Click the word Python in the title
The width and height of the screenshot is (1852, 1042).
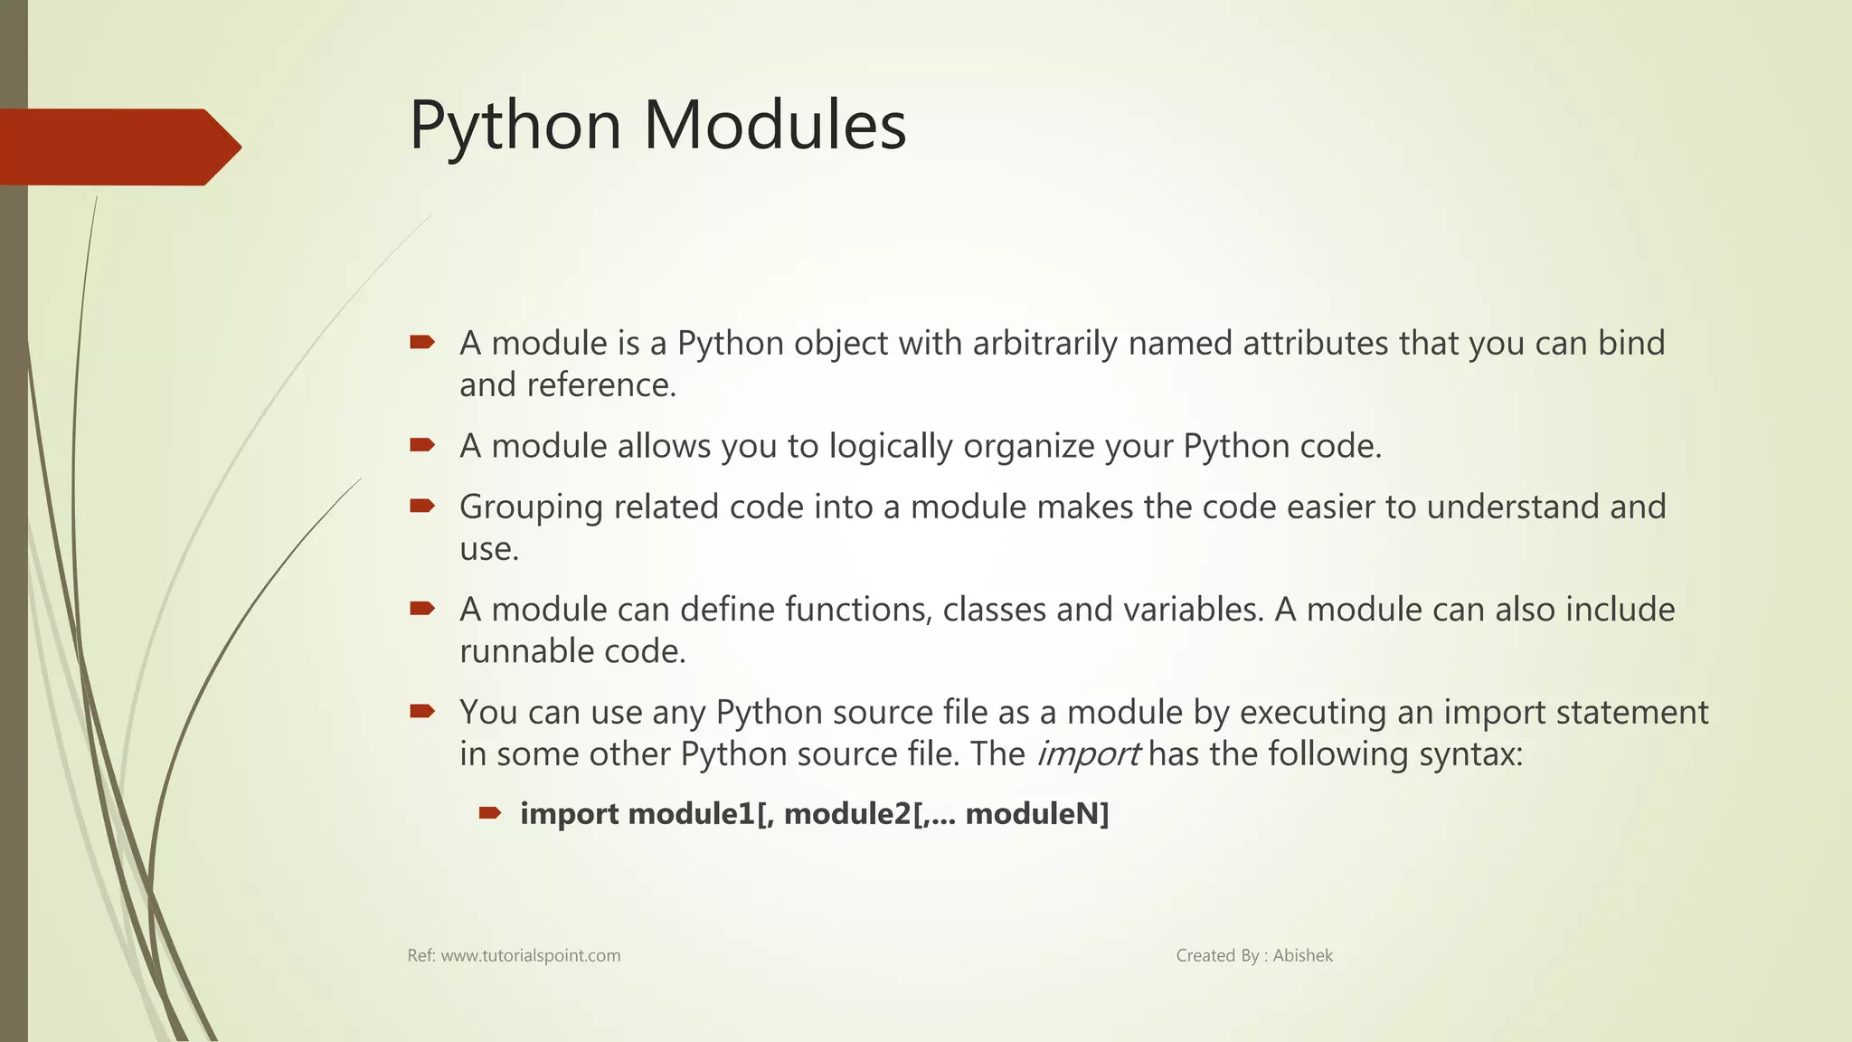pos(515,126)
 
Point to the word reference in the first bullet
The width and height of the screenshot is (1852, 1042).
pos(600,385)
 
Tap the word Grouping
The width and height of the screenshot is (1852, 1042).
pos(531,507)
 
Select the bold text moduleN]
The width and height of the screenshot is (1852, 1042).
pos(1037,814)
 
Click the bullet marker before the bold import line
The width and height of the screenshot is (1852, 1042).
pos(490,813)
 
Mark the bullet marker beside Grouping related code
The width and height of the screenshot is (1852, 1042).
pos(422,506)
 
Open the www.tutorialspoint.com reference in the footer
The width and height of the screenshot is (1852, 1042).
pos(530,955)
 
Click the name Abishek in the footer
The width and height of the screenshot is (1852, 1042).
pos(1302,955)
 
